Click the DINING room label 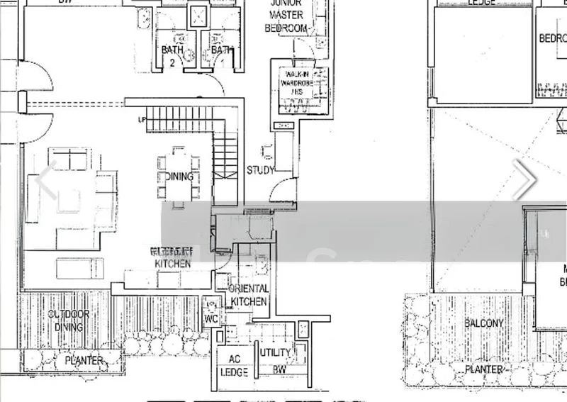179,177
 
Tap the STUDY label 260,170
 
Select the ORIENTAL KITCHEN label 249,295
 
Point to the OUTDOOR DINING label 69,320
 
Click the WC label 210,318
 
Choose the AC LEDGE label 232,364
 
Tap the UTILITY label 275,352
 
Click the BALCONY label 484,323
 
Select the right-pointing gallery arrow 525,179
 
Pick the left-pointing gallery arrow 46,179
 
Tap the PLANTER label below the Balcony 484,369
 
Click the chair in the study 268,152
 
